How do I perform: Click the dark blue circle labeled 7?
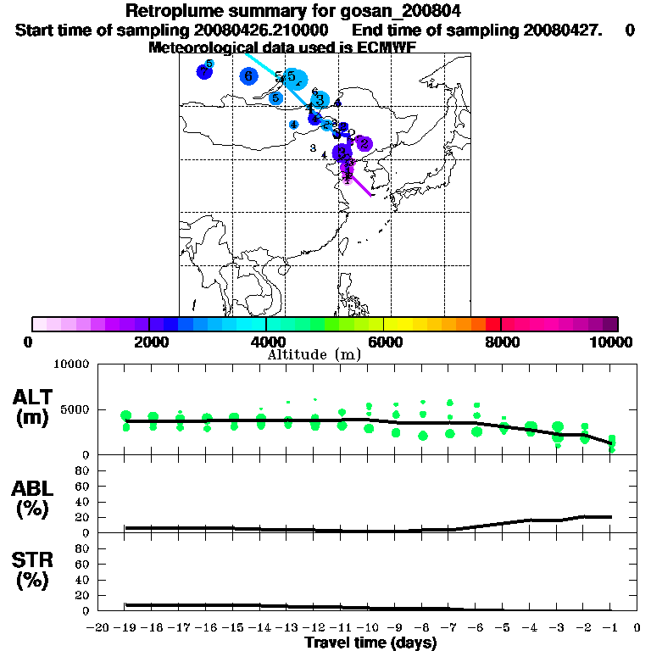pos(203,72)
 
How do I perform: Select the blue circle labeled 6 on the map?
pos(248,76)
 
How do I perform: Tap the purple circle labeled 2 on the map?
pos(364,143)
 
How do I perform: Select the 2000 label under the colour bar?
pos(149,342)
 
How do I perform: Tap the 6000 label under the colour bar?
pos(384,342)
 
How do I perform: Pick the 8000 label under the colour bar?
pos(502,342)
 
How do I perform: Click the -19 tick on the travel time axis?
pos(125,628)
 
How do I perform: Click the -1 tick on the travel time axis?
pos(611,628)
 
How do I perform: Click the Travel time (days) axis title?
pos(370,643)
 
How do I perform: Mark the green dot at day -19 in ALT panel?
pos(126,415)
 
